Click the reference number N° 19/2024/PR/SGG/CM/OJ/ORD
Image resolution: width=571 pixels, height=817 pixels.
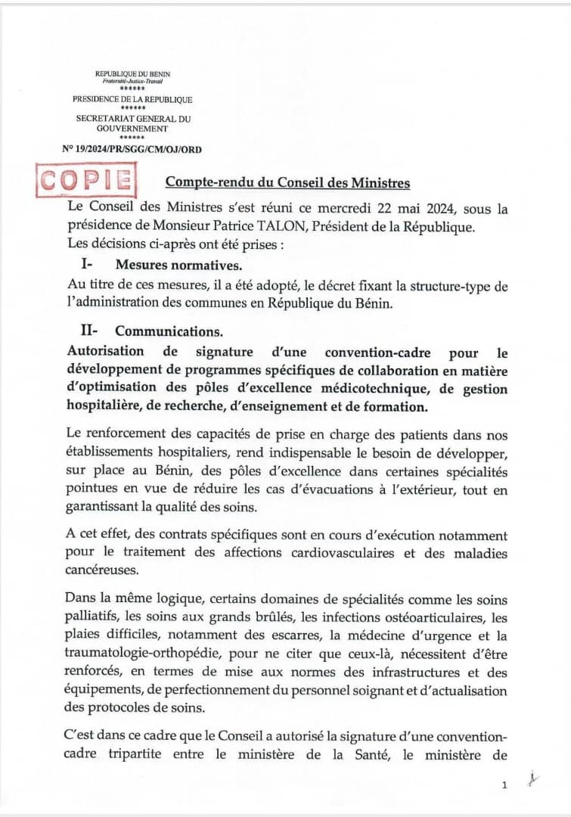(x=132, y=149)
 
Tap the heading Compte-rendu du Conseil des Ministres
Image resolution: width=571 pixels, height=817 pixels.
(x=288, y=182)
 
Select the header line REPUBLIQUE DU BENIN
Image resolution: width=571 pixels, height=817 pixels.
(x=132, y=73)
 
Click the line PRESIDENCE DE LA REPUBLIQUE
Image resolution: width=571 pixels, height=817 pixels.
(x=132, y=99)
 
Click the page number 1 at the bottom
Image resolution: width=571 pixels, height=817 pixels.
(x=504, y=786)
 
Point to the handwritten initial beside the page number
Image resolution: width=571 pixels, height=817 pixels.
(x=534, y=779)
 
